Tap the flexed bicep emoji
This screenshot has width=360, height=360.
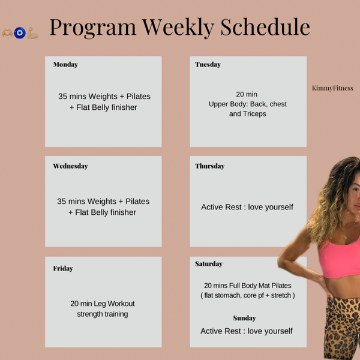[33, 34]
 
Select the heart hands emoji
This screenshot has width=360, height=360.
[7, 33]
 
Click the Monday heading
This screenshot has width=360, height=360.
[65, 65]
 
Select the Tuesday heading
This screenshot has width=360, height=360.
[208, 65]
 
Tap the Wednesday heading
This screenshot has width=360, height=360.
[70, 166]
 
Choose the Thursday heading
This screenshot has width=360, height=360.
[209, 166]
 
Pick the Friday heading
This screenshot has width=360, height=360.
[63, 268]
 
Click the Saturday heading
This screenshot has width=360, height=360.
[209, 264]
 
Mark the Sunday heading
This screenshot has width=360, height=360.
[244, 318]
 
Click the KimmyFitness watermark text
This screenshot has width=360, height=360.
[332, 88]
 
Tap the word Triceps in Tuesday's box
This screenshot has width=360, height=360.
[255, 113]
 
